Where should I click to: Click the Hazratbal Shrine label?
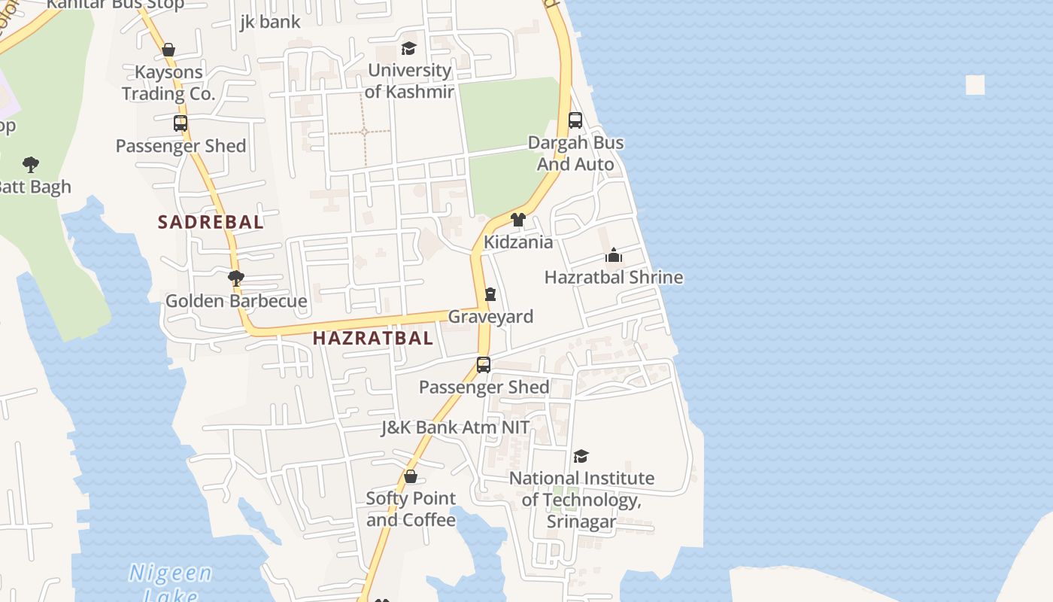pos(614,277)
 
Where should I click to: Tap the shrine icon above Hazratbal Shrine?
pos(614,256)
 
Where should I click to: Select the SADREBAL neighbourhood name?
pos(211,222)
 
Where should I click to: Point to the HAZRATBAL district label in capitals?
pos(373,338)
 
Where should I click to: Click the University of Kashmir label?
pos(409,81)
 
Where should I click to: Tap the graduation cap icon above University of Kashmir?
pos(408,49)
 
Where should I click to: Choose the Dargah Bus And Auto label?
pos(575,154)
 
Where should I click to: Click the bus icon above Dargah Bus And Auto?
pos(575,120)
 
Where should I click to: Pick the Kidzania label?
pos(518,242)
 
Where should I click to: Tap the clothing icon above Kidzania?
pos(518,220)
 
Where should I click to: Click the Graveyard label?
pos(490,317)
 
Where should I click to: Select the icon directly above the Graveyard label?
pos(490,293)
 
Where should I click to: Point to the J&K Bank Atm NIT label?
pos(455,427)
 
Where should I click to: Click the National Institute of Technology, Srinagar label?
pos(581,500)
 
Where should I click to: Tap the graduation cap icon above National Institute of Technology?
pos(581,456)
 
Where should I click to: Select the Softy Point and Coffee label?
pos(411,509)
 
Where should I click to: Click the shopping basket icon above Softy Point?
pos(411,476)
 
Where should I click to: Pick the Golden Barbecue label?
pos(236,301)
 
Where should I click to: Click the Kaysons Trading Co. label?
pos(168,83)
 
